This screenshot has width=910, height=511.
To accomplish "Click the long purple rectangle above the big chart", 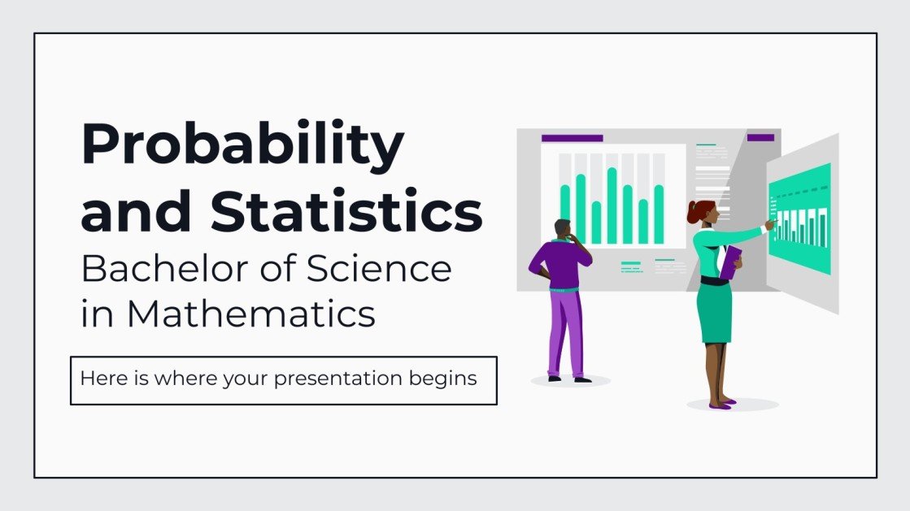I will (572, 138).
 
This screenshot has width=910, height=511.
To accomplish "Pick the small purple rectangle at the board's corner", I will (760, 138).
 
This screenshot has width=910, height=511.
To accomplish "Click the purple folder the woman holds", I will (729, 262).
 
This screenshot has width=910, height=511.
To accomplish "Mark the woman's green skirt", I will (715, 314).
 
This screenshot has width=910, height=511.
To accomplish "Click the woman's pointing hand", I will (769, 224).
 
